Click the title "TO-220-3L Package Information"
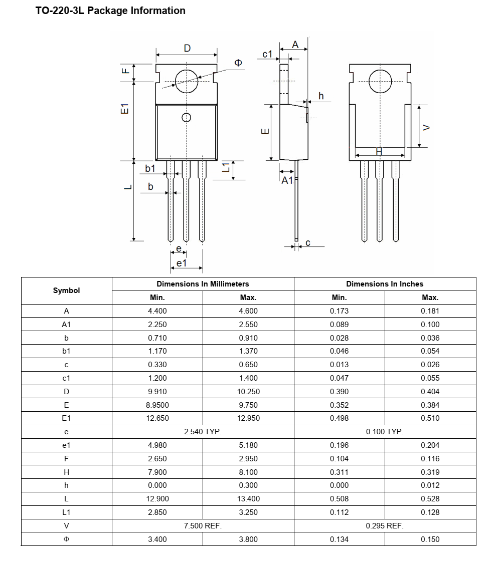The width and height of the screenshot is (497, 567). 110,11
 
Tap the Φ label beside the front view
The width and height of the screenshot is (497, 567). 238,63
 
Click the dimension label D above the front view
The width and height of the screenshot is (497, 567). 187,48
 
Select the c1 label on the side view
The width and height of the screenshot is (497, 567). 267,54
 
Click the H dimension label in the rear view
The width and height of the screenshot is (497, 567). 379,151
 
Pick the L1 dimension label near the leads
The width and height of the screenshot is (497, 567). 226,168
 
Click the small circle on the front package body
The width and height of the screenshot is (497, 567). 186,118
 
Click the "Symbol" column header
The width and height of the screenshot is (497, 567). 66,291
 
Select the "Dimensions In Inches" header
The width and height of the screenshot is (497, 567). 385,284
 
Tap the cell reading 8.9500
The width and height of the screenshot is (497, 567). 157,405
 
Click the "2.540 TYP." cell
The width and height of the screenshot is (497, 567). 203,431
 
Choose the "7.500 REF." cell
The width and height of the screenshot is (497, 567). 203,525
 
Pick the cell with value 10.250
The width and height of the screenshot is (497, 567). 248,391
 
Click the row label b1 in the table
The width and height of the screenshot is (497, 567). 66,351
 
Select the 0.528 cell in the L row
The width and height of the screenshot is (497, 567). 430,498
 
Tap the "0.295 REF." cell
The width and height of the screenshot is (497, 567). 385,525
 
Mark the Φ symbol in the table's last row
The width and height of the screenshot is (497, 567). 66,539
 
